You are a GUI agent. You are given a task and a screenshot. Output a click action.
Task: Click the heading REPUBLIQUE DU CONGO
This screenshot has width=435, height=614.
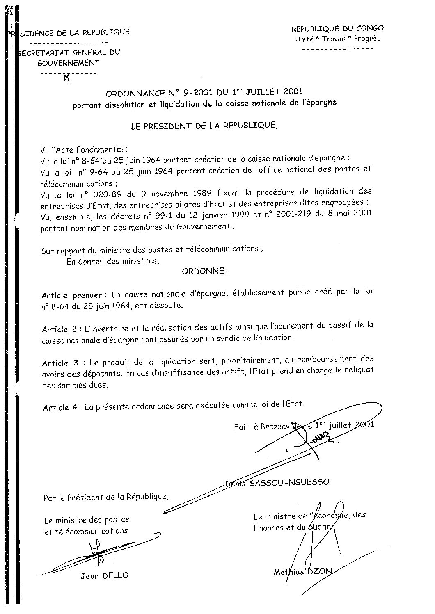click(337, 28)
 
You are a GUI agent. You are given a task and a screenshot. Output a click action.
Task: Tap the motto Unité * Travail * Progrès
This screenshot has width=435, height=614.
click(337, 39)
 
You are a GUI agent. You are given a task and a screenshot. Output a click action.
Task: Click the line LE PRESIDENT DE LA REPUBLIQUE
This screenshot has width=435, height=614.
click(204, 126)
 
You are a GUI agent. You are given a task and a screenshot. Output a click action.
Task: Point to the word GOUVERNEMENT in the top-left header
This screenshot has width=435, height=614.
click(69, 63)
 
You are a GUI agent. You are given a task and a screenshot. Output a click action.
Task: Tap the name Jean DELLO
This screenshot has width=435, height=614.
click(104, 575)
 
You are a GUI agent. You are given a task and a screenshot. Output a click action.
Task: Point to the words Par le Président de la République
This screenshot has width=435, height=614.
click(106, 497)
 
